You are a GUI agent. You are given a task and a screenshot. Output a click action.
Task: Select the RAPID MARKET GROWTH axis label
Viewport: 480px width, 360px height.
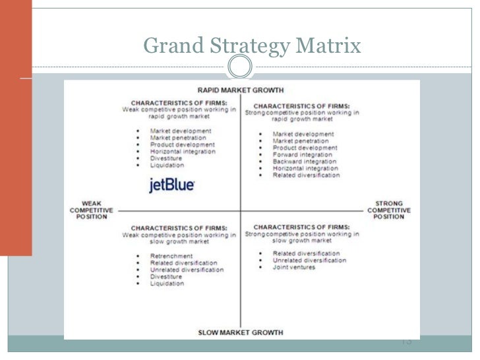(x=240, y=90)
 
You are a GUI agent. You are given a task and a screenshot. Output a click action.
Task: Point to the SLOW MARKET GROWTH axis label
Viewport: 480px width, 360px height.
(x=240, y=332)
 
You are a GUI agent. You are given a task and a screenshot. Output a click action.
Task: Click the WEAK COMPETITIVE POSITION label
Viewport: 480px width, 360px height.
(x=92, y=210)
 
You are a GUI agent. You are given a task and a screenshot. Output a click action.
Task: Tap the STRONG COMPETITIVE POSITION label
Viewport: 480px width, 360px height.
(x=389, y=210)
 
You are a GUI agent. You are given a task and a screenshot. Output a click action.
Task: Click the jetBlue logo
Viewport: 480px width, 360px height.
(x=171, y=185)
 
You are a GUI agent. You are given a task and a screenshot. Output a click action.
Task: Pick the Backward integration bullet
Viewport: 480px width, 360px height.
(x=305, y=162)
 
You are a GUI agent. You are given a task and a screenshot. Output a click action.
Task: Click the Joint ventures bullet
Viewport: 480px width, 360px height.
(x=294, y=268)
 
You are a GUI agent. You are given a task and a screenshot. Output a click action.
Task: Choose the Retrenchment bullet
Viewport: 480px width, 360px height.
(x=171, y=256)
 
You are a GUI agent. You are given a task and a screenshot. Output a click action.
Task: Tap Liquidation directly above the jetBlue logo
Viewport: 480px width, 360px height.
(x=167, y=165)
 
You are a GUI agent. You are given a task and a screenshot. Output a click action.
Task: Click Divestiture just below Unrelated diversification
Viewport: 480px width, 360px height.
(x=166, y=277)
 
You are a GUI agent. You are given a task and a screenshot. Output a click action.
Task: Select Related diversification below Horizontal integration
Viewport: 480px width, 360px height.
(x=306, y=175)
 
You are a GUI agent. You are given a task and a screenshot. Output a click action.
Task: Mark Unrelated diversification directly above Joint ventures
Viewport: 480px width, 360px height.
(x=309, y=260)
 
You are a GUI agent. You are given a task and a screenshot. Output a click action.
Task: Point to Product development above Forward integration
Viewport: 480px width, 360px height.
(x=305, y=148)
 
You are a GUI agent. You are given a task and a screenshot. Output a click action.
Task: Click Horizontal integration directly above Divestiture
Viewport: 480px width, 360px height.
(x=183, y=152)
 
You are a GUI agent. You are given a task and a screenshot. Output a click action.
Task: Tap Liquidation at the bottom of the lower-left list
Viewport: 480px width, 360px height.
(x=167, y=284)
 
